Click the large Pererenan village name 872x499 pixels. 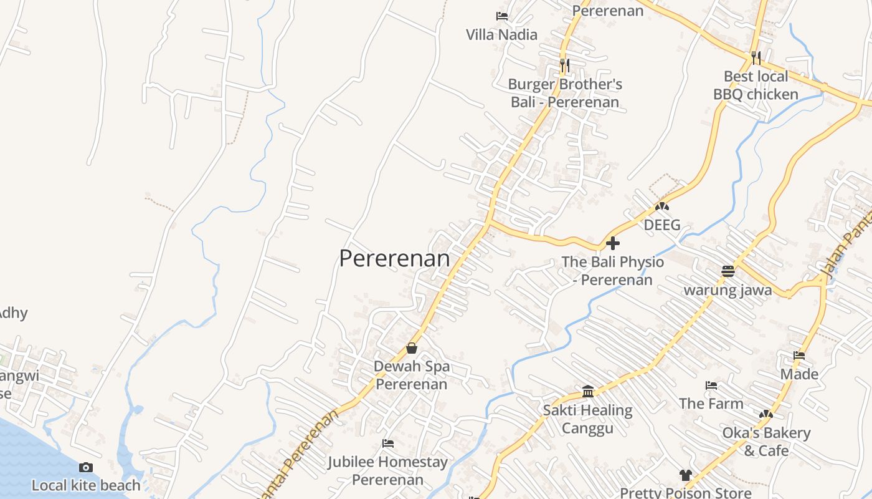(394, 258)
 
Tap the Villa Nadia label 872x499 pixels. (501, 34)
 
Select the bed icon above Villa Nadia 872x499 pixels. (501, 16)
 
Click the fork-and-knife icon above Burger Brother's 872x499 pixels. (564, 64)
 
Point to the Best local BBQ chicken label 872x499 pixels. (756, 85)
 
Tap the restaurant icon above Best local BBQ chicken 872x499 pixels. (756, 58)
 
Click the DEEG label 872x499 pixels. (662, 225)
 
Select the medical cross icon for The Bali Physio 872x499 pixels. (613, 243)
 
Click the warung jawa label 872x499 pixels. (727, 290)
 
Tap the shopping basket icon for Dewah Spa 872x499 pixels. (411, 348)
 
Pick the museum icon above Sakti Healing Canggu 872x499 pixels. (587, 392)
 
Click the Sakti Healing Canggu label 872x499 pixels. (587, 419)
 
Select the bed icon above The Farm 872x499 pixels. (711, 385)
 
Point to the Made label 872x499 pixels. (799, 374)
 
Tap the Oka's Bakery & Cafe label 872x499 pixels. (766, 442)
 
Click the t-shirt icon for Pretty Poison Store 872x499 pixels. (685, 475)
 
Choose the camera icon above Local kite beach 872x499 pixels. (86, 467)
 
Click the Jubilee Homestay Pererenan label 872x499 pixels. (387, 471)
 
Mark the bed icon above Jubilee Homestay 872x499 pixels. (387, 443)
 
